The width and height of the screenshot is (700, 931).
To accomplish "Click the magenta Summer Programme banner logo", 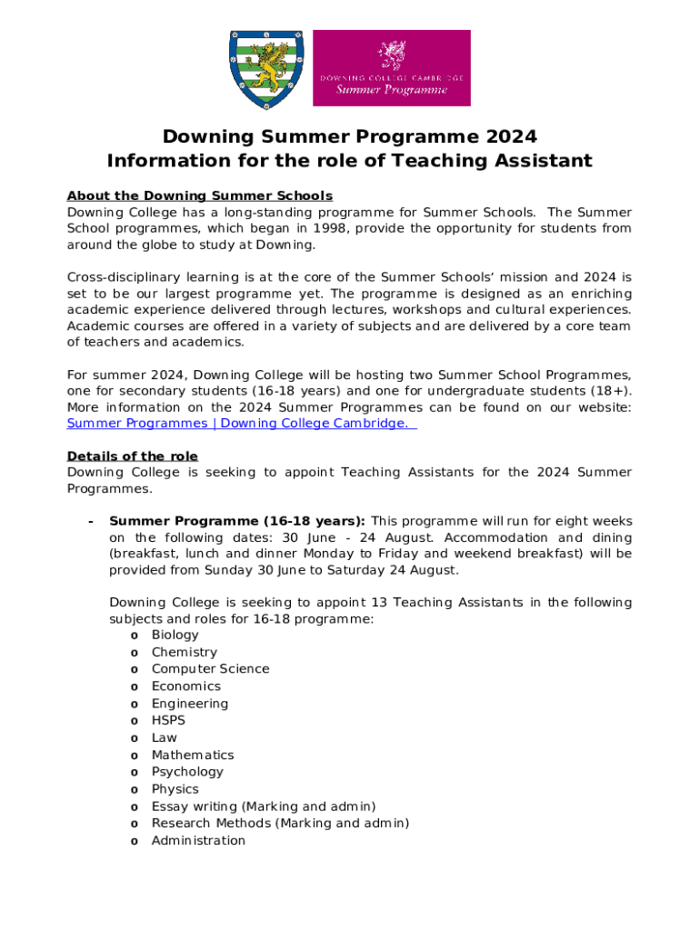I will pos(392,68).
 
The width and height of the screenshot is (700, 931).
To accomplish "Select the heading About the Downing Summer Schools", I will pos(200,195).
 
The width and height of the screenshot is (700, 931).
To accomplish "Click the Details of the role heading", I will pos(133,456).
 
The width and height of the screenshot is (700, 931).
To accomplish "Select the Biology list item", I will pos(175,635).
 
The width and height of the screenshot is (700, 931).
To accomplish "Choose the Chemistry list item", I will pos(185,652).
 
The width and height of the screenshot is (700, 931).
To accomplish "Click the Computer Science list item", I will pos(210,669).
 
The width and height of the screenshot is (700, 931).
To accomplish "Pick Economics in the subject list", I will pos(186,686).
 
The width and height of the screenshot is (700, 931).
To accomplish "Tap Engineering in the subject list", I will pos(190,704).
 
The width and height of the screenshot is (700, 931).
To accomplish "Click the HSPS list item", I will pos(168,721).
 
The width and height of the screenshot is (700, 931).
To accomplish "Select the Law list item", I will pos(165,738).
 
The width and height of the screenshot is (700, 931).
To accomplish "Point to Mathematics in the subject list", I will pos(193,756).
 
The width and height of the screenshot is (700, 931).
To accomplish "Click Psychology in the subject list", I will pos(187,772).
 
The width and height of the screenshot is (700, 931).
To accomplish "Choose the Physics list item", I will pos(175,789).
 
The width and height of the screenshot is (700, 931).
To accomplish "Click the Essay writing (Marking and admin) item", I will pos(264,806).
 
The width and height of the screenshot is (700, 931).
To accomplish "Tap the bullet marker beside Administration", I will pos(134,842).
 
